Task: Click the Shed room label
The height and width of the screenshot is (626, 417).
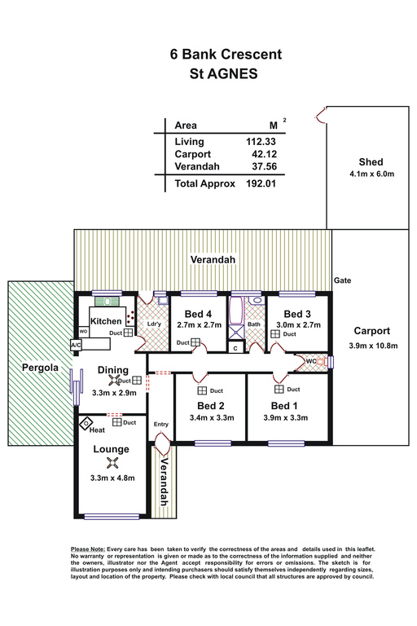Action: [x=371, y=162]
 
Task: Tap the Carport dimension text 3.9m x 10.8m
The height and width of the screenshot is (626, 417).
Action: [x=373, y=346]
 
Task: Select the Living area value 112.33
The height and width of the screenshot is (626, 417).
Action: [x=261, y=142]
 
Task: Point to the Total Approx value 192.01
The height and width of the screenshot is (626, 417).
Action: [x=261, y=183]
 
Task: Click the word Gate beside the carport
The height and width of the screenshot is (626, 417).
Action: [x=342, y=280]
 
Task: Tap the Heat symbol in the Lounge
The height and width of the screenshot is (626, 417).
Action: [x=86, y=423]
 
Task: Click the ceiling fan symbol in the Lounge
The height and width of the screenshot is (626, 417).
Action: [x=112, y=463]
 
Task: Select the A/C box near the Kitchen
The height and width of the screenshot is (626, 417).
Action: [x=76, y=345]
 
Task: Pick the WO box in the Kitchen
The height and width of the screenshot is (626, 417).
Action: [x=83, y=332]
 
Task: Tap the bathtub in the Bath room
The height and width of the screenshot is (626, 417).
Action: [x=236, y=311]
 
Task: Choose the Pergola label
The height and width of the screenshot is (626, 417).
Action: [x=40, y=368]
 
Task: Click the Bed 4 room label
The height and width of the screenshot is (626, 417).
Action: [x=198, y=314]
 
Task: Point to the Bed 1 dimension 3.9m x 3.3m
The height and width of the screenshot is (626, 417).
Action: [x=285, y=418]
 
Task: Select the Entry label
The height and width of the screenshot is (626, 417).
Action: [x=161, y=425]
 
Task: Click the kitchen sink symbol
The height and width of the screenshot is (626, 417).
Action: [x=107, y=302]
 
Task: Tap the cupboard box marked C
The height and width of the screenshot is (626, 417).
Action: [x=235, y=348]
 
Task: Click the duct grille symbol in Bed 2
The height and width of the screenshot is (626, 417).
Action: [x=202, y=390]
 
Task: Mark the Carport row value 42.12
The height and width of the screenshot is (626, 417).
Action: [x=264, y=154]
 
